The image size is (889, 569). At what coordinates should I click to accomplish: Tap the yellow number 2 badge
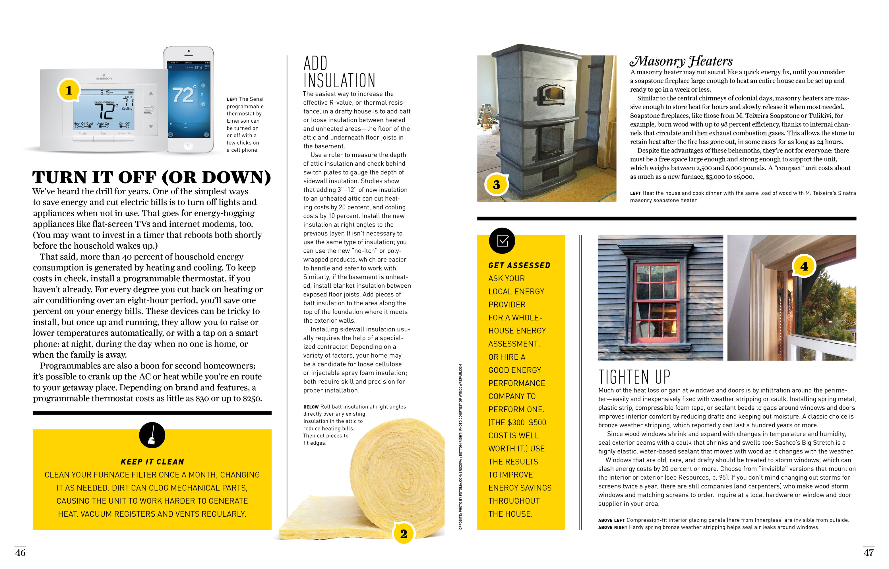(404, 533)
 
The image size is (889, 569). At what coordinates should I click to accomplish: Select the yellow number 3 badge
(496, 184)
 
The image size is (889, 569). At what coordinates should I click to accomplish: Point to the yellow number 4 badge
(804, 266)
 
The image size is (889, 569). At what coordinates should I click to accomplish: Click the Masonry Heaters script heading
(681, 61)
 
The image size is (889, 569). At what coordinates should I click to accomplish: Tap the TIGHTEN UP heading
(634, 377)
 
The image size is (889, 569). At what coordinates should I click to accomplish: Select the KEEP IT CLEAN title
(152, 461)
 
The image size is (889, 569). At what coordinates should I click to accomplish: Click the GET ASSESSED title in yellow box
(519, 265)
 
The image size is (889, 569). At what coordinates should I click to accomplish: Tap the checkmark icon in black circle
(502, 240)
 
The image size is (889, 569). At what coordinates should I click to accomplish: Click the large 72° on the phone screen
(183, 95)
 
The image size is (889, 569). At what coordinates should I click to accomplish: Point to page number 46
(20, 552)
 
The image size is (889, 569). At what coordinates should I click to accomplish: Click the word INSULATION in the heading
(339, 81)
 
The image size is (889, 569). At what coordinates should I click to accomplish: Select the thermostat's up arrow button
(151, 93)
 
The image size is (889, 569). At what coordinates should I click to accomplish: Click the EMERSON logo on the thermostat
(104, 78)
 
